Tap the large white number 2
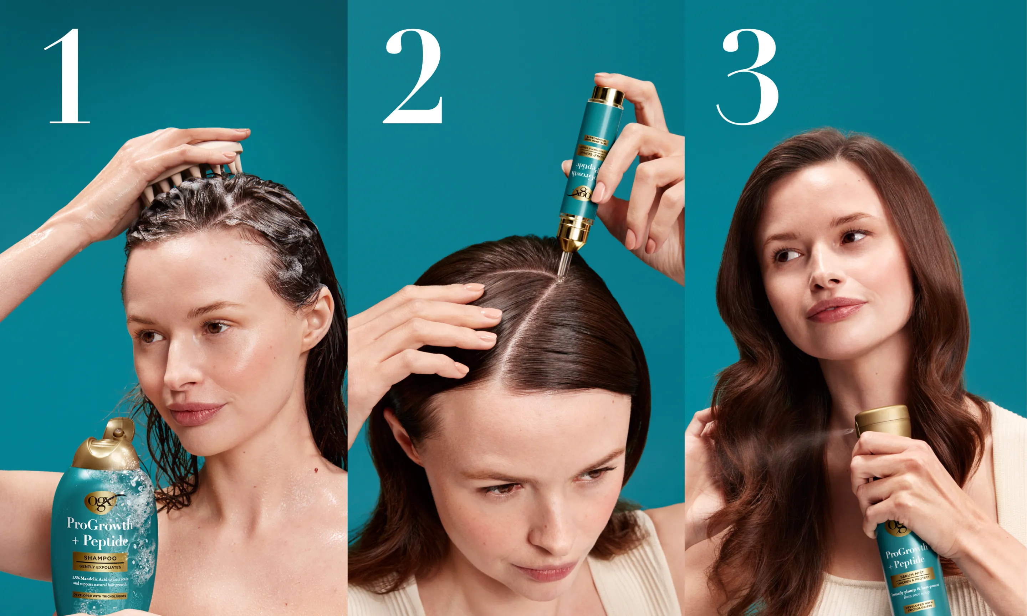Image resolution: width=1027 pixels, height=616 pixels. click(413, 77)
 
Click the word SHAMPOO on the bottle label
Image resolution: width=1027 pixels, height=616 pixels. click(100, 558)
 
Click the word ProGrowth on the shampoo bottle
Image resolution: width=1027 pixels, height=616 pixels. click(99, 524)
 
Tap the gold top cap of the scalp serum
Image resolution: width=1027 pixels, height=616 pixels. click(607, 96)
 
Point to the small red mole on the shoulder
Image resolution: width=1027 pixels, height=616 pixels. click(316, 470)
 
